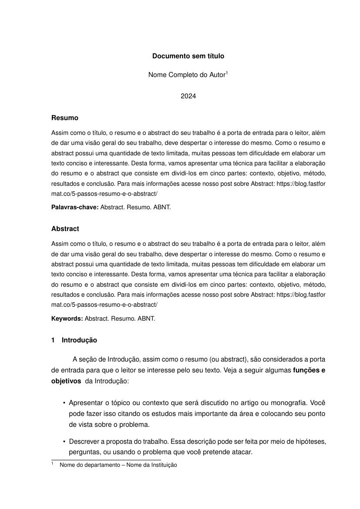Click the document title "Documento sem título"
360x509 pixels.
click(x=188, y=56)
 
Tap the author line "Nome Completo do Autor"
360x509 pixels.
click(x=187, y=75)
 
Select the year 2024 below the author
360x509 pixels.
click(x=188, y=96)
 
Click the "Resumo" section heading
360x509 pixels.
click(x=65, y=118)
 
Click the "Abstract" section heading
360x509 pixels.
click(x=65, y=229)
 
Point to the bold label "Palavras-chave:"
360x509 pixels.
click(x=75, y=208)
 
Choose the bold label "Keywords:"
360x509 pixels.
click(x=67, y=318)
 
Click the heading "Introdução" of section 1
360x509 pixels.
click(x=79, y=340)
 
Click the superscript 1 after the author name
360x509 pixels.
click(x=227, y=73)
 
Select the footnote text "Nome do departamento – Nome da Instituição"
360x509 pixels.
click(x=118, y=465)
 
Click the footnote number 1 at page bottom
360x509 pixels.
click(x=53, y=464)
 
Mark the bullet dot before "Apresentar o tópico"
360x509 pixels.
click(x=64, y=403)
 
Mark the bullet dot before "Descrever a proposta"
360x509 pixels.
click(x=64, y=442)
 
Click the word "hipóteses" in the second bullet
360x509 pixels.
click(x=311, y=442)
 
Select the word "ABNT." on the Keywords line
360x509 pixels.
click(x=146, y=318)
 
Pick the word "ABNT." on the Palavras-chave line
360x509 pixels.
click(x=162, y=208)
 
